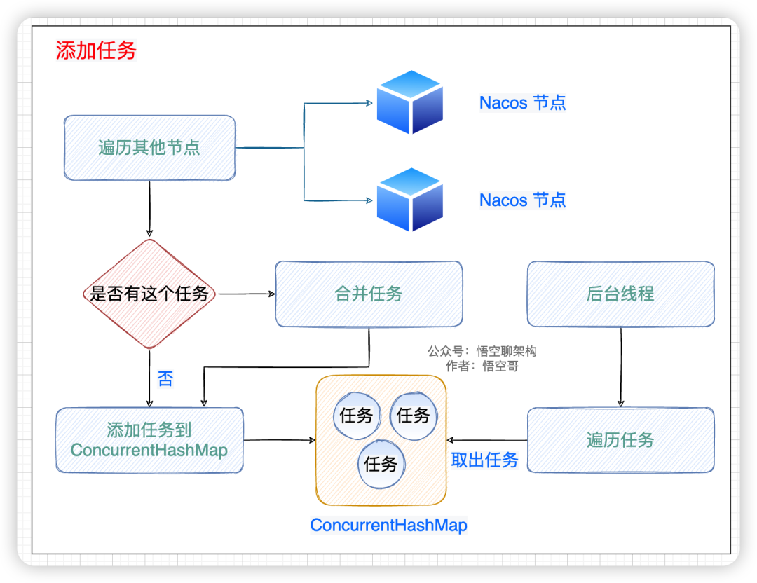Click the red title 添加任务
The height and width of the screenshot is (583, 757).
pos(96,50)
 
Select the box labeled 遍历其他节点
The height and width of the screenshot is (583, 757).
pos(149,147)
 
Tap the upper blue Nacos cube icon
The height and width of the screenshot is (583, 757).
pos(409,102)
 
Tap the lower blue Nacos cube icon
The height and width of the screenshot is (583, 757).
pos(409,200)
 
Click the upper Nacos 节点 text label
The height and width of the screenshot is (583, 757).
pos(522,103)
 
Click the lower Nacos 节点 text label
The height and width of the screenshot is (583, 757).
pos(522,200)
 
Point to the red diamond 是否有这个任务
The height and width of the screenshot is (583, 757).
pos(149,294)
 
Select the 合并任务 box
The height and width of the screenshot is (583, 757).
pos(369,294)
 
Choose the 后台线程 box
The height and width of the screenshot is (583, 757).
pos(620,294)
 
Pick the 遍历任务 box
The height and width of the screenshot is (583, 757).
pos(620,440)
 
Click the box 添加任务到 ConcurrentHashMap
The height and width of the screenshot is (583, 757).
pos(149,440)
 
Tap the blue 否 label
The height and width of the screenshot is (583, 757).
pos(165,380)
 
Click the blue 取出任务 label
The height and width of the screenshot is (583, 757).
pos(484,460)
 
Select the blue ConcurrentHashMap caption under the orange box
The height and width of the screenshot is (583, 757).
pos(388,525)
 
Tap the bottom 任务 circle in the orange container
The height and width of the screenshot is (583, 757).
pos(381,464)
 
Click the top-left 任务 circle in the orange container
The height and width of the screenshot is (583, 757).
pos(356,416)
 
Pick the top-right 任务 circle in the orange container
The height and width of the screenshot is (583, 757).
pos(413,416)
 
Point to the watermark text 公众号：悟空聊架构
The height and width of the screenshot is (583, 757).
pos(482,351)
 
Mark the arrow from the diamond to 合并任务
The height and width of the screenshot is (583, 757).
pos(245,294)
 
